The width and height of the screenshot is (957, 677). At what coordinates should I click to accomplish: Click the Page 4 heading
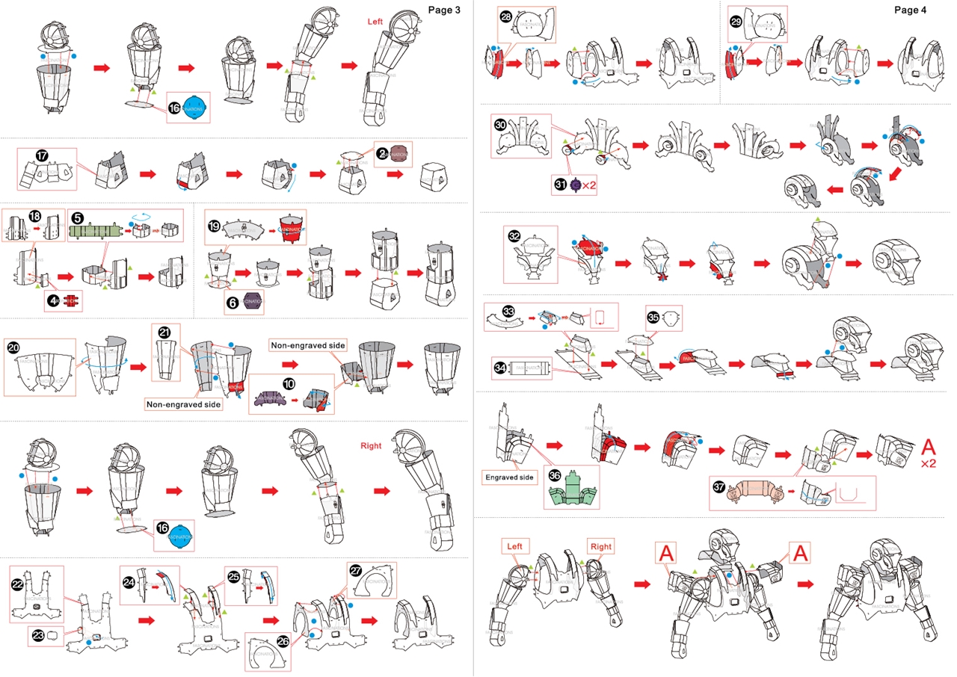pos(910,10)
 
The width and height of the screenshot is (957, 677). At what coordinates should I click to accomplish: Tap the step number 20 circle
pos(13,347)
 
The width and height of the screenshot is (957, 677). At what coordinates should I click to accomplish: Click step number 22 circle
pos(19,584)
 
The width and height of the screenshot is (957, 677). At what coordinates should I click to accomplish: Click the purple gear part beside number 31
pos(576,185)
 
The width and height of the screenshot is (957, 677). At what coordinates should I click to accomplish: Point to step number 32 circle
pos(514,235)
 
